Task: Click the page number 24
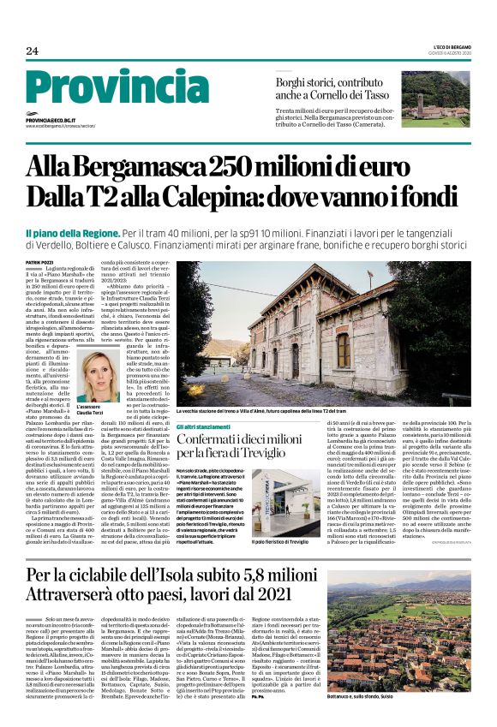[32, 51]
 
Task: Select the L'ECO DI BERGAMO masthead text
[446, 46]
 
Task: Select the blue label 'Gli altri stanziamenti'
[203, 426]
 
